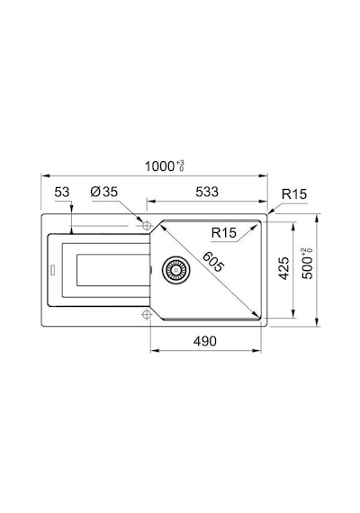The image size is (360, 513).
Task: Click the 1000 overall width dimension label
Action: [160, 166]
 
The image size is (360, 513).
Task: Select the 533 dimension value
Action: [207, 192]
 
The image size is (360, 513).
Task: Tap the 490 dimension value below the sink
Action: [205, 341]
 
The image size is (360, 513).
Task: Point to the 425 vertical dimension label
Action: [283, 268]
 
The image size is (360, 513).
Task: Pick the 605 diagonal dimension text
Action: [213, 262]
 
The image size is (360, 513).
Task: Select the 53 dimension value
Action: [62, 192]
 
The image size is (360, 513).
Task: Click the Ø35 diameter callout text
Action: [103, 192]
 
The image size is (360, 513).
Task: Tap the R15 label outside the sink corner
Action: [294, 194]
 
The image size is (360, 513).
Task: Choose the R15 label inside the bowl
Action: [224, 232]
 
